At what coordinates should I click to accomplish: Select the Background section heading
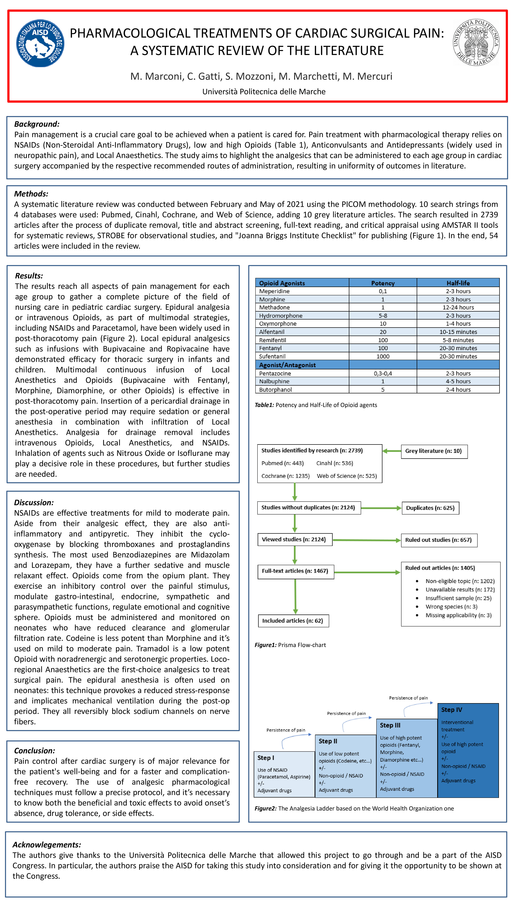point(36,124)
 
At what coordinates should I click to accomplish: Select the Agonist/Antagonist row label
point(287,365)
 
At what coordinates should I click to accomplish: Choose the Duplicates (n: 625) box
point(430,508)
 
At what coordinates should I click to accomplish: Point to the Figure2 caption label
point(265,808)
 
